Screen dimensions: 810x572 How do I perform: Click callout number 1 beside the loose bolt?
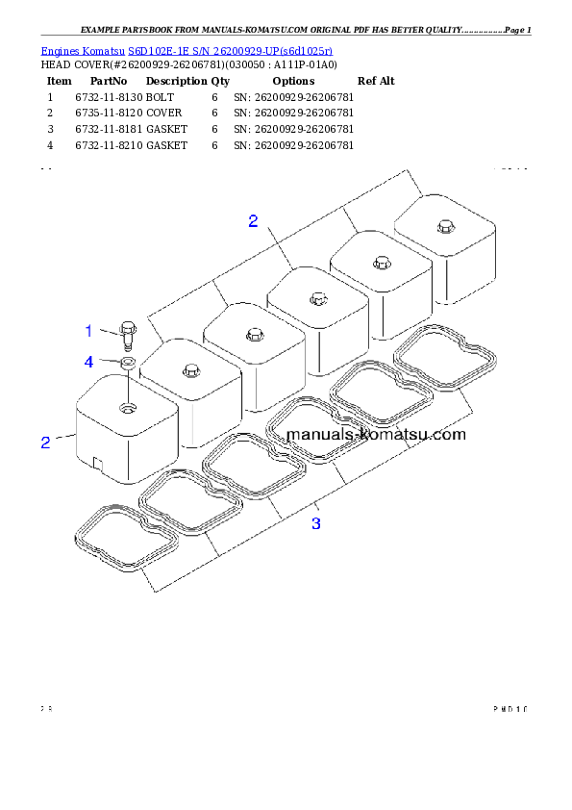click(x=88, y=331)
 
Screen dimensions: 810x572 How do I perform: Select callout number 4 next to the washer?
click(x=88, y=362)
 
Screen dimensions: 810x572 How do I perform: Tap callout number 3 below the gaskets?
click(x=316, y=523)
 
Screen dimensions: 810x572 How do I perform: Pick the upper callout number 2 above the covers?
click(x=253, y=221)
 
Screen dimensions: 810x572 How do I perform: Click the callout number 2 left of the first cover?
click(x=44, y=443)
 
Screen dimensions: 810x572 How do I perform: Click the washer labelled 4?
click(x=127, y=364)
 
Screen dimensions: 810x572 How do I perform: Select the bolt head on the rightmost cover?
click(x=443, y=226)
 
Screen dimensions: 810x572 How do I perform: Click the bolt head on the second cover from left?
click(x=189, y=370)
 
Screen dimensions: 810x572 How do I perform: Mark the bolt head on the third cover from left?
click(x=253, y=334)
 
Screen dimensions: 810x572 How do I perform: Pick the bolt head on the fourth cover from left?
click(x=316, y=299)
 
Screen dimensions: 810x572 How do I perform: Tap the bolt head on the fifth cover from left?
click(x=380, y=262)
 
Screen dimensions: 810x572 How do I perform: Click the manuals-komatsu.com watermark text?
click(x=376, y=435)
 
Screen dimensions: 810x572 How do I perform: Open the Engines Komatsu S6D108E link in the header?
click(x=187, y=50)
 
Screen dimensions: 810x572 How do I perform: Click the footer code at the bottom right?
click(x=510, y=710)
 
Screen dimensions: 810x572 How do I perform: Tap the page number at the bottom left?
click(x=45, y=710)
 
